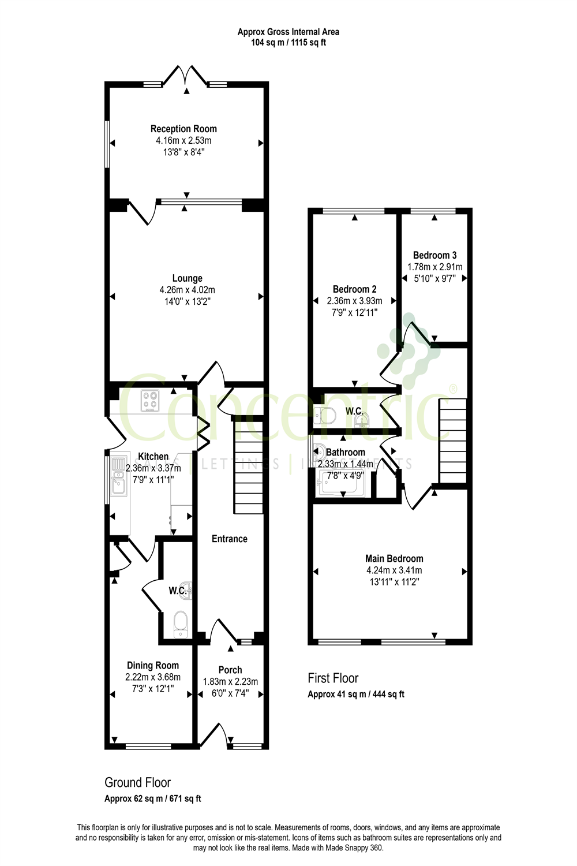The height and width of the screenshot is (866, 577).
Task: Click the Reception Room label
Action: tap(183, 129)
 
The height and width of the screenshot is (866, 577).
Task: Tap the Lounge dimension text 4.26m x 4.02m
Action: tap(187, 290)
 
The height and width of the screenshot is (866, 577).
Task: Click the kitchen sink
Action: tap(119, 476)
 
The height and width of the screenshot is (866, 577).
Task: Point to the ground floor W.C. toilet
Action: tap(181, 624)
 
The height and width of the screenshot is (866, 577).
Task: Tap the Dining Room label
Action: tap(152, 665)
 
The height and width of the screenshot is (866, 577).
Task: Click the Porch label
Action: tap(230, 670)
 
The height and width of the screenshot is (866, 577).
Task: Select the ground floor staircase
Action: tap(248, 465)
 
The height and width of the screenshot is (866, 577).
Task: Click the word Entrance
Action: tap(229, 539)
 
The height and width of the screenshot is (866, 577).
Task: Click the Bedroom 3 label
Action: tap(434, 255)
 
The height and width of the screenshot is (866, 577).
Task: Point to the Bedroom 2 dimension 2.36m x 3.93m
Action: tap(354, 301)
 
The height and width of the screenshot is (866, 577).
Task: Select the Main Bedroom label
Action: tap(394, 558)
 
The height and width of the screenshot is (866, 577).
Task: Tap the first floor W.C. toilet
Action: tap(326, 415)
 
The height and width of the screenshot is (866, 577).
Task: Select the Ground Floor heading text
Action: tap(137, 782)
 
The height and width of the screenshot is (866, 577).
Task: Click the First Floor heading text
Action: tap(333, 678)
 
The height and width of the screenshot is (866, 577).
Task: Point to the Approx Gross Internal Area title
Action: tap(288, 32)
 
